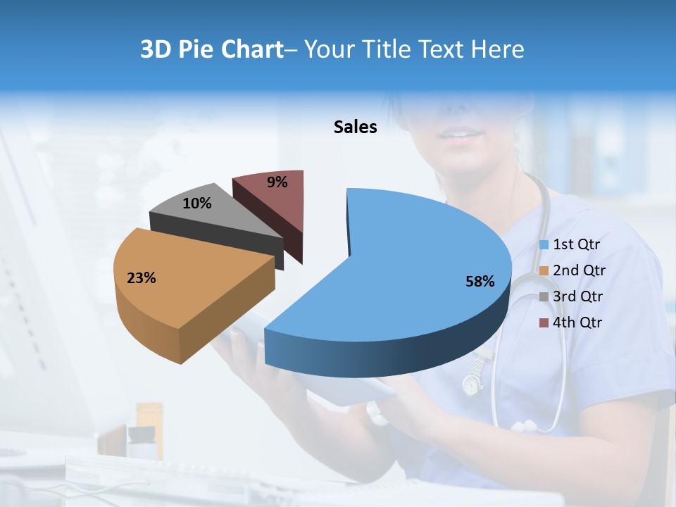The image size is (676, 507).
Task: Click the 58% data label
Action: (480, 282)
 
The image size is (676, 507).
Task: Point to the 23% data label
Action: (141, 278)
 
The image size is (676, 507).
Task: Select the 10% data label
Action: (196, 204)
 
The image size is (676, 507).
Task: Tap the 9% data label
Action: (277, 182)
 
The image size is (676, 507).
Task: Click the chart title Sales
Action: (355, 127)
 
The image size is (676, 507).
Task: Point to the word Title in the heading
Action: (389, 49)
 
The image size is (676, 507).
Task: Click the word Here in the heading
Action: (499, 49)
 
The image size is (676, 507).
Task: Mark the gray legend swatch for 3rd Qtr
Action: (544, 297)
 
